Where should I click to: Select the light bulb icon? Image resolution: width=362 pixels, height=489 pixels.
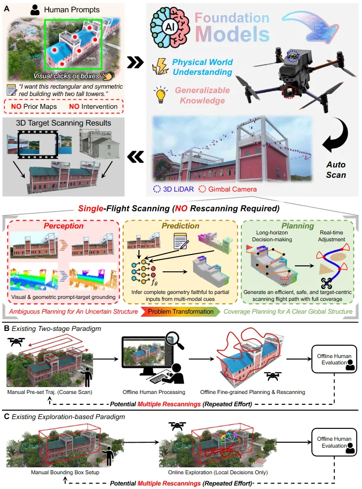[x=161, y=95]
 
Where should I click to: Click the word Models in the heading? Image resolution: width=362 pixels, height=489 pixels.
[x=233, y=34]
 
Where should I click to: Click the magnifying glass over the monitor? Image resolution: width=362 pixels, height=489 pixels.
[x=173, y=340]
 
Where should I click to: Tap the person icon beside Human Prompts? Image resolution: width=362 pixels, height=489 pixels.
[x=34, y=9]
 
